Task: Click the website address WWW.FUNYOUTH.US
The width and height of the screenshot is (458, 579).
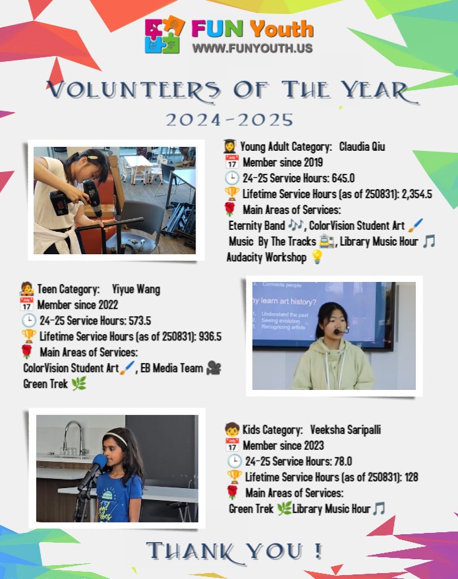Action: click(x=252, y=48)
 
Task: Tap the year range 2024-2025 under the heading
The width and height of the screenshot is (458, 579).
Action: click(x=229, y=119)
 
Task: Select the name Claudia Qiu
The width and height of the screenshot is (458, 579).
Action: click(x=362, y=146)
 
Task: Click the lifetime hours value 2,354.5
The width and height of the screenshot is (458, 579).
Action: click(x=410, y=194)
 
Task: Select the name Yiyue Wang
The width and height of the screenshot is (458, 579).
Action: click(x=136, y=289)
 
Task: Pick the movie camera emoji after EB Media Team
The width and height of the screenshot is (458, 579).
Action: click(x=214, y=368)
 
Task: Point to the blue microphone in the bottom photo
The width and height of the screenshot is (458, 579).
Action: click(x=100, y=461)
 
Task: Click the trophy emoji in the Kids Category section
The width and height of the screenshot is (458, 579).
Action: click(x=234, y=476)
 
